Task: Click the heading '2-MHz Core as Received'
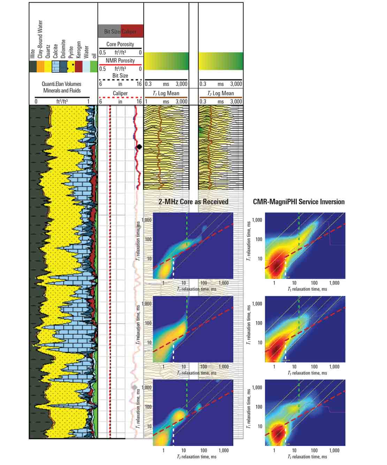193,202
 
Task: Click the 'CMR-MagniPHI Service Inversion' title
298,202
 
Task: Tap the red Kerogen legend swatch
78,67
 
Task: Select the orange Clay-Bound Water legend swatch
40,67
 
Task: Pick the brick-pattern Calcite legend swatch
55,67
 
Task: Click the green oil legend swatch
94,67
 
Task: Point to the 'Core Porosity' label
120,44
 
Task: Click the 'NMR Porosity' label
120,61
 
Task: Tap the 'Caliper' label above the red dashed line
120,93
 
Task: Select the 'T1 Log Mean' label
166,93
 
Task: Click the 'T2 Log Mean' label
220,93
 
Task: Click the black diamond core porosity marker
139,147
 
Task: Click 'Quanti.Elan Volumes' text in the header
61,84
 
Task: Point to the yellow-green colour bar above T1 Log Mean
166,61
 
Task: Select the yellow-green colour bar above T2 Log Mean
220,61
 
